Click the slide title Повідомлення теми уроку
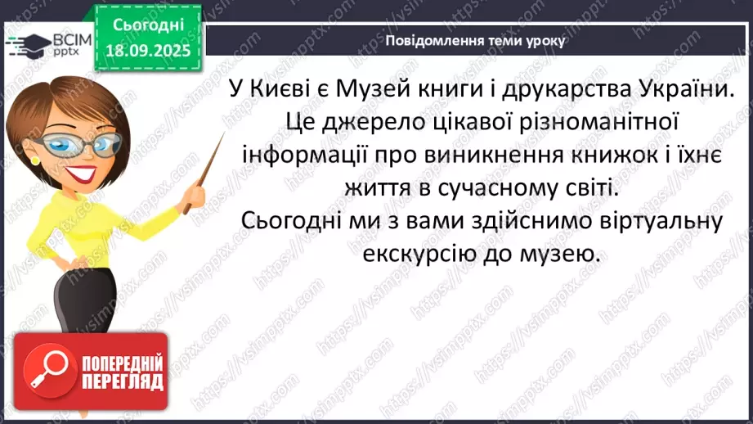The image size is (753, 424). [x=474, y=40]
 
